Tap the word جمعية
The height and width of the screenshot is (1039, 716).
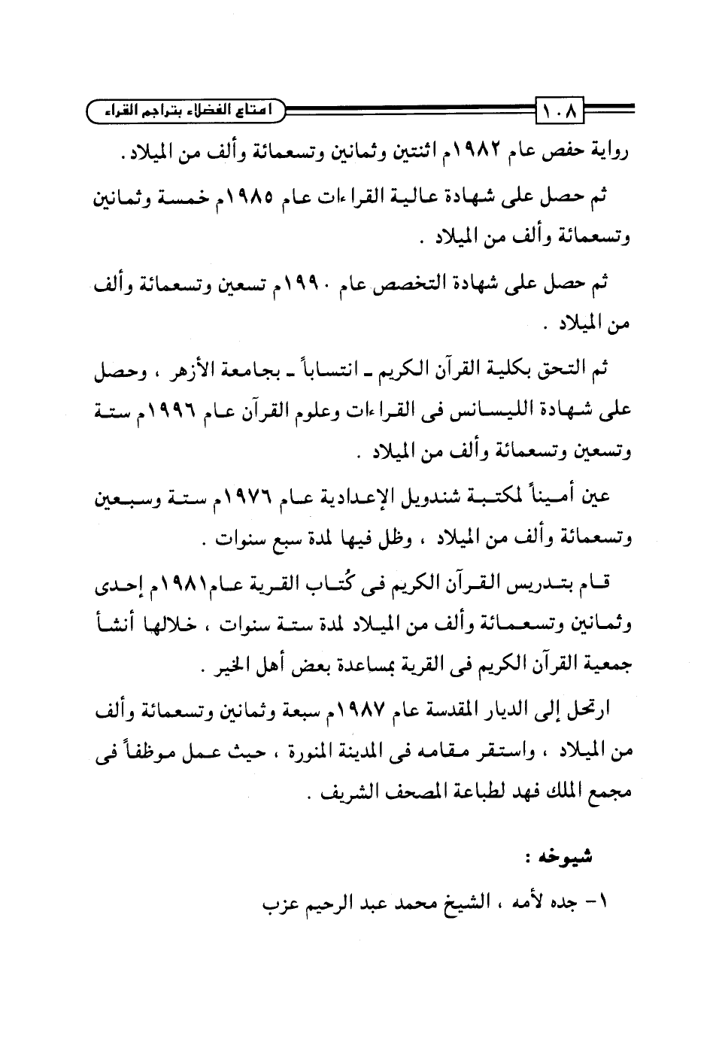point(605,668)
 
